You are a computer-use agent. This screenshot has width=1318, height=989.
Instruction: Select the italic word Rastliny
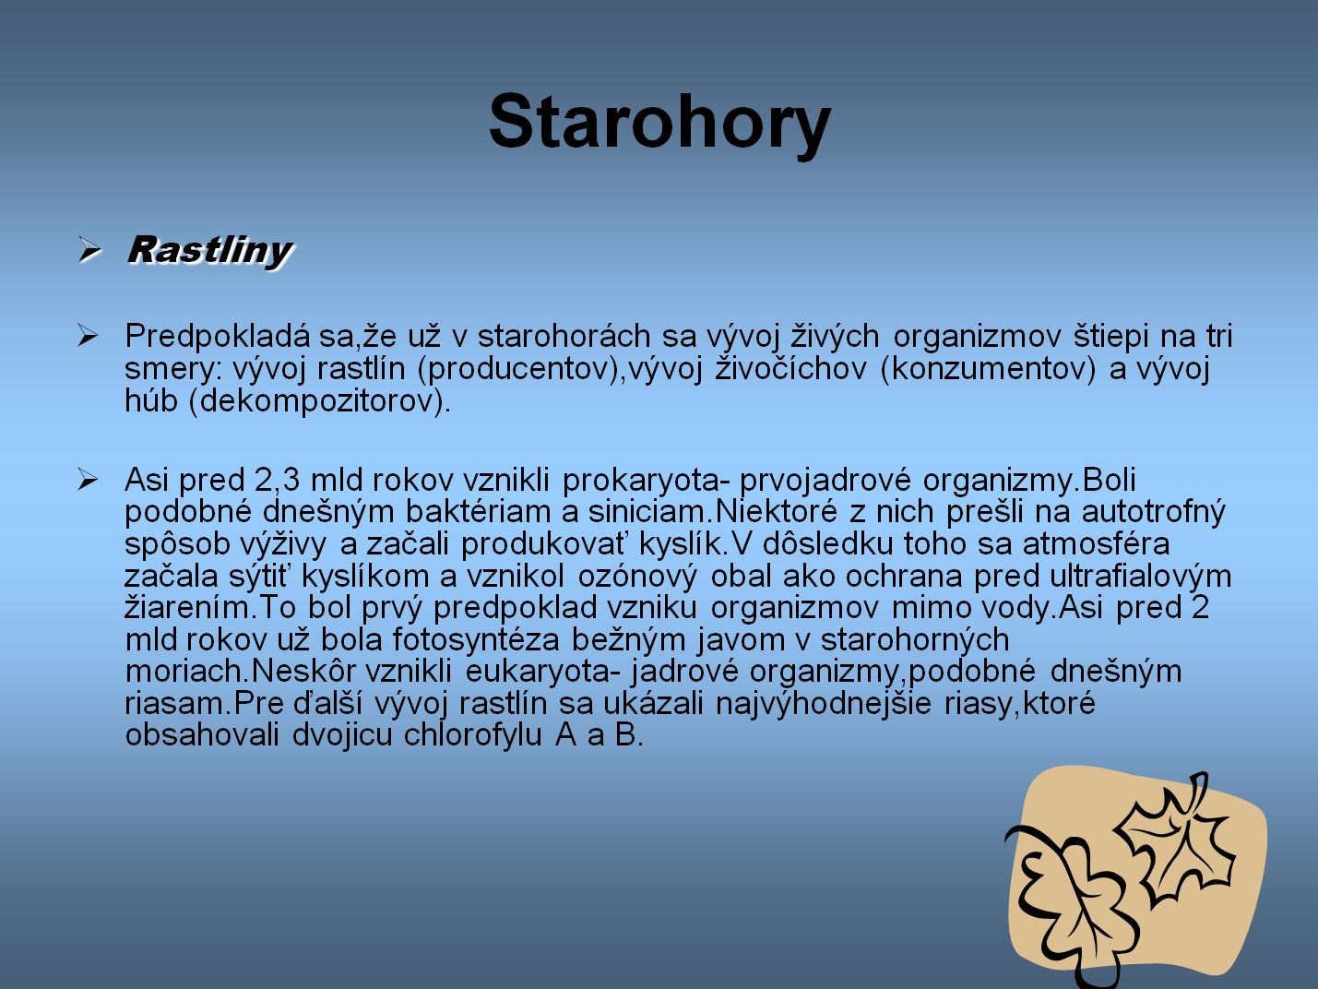click(x=209, y=250)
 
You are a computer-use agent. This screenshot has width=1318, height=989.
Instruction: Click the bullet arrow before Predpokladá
click(x=87, y=336)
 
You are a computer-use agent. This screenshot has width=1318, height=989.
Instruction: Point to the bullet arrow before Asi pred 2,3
click(x=87, y=481)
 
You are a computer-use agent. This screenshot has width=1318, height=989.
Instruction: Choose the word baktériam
click(x=492, y=512)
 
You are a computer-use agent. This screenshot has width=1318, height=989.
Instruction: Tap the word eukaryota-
click(x=542, y=672)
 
